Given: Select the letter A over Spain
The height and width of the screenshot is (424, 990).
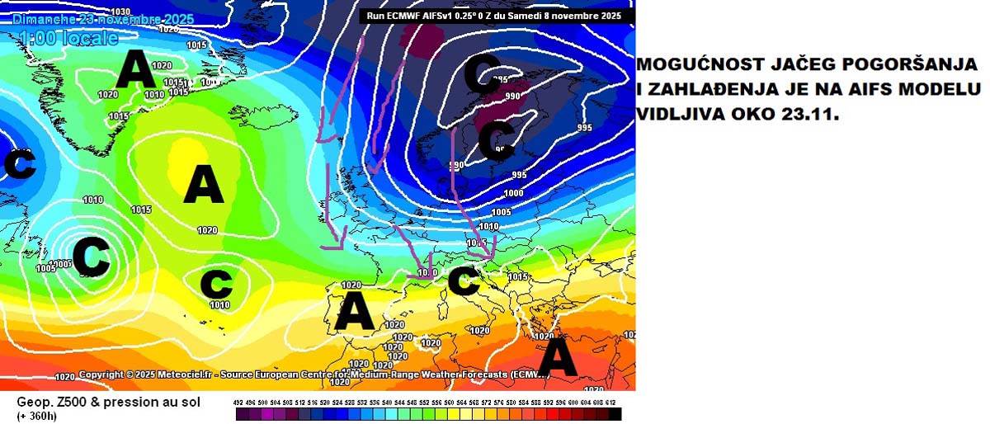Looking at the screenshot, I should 355,312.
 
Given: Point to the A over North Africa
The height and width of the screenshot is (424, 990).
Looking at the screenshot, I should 558,358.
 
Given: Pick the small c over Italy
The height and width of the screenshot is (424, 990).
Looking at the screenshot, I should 463,282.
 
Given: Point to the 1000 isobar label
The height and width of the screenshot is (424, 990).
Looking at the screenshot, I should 513,193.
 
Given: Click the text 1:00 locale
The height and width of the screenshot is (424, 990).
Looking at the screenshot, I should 68,38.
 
